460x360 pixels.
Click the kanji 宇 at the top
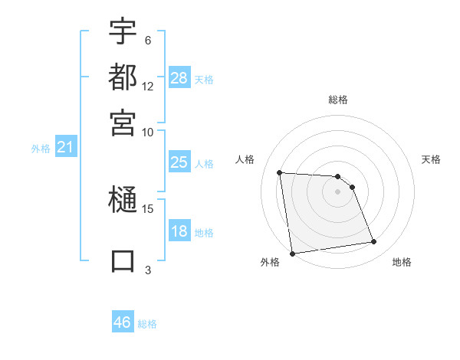coord(123,31)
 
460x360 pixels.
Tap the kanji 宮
coord(123,122)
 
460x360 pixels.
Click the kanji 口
coord(123,260)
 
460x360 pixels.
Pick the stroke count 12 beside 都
coord(148,87)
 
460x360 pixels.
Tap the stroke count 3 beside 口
coord(148,269)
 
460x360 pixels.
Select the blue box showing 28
coord(179,78)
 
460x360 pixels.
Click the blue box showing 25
coord(179,162)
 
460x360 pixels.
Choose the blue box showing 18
coord(179,231)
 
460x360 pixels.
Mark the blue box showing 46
coord(123,322)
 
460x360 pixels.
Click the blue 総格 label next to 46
coord(147,324)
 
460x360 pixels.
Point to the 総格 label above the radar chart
coord(338,100)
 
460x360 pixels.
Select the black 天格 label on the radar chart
coord(431,159)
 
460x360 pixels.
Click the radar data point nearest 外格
coord(292,253)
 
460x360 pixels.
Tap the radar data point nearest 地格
coord(374,242)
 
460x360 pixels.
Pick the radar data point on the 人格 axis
coord(280,172)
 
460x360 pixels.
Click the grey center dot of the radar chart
coord(338,191)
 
